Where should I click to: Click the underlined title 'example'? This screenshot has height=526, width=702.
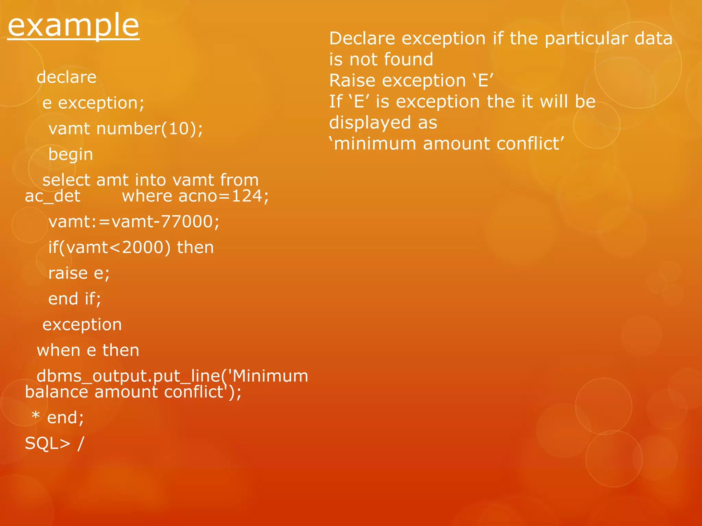pyautogui.click(x=73, y=25)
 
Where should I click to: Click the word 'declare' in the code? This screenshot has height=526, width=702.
pyautogui.click(x=66, y=77)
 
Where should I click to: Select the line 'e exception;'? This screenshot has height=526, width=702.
pyautogui.click(x=93, y=103)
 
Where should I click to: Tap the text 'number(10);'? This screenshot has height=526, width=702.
pyautogui.click(x=150, y=129)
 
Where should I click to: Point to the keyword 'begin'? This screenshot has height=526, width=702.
pyautogui.click(x=71, y=154)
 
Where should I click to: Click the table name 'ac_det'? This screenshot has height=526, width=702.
pyautogui.click(x=52, y=196)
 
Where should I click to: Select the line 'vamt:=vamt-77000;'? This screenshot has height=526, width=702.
pyautogui.click(x=134, y=222)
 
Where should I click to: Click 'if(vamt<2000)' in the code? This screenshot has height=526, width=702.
pyautogui.click(x=109, y=247)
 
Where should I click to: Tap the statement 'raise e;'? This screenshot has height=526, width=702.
pyautogui.click(x=79, y=273)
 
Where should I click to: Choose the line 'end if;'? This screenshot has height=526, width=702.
pyautogui.click(x=75, y=299)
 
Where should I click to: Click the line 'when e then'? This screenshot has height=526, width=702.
pyautogui.click(x=88, y=350)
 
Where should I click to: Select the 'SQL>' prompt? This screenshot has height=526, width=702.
pyautogui.click(x=47, y=443)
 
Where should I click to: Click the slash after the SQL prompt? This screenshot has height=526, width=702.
pyautogui.click(x=81, y=443)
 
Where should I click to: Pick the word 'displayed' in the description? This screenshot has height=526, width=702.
pyautogui.click(x=370, y=123)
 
